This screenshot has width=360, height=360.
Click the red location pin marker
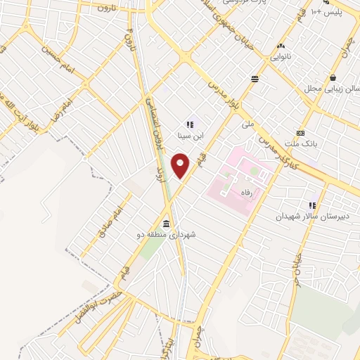point(181,165)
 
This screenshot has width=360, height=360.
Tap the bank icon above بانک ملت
point(301,134)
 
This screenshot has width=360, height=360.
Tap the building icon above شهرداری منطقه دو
point(167,220)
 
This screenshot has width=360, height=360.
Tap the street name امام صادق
point(111,221)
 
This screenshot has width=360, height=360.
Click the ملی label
point(247,124)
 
